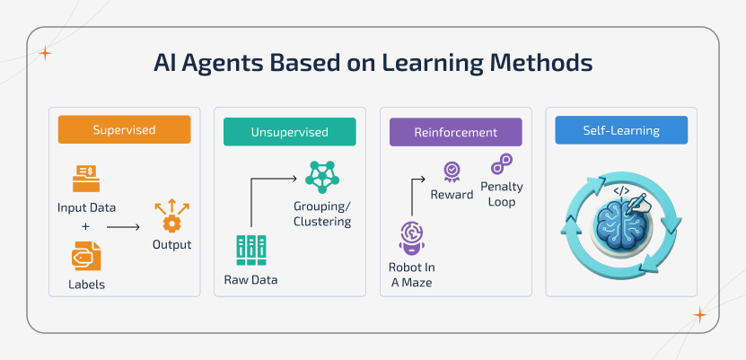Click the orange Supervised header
pos(124,129)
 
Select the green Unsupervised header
pos(289,132)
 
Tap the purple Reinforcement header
pos(455,132)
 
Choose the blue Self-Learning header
pos(620,130)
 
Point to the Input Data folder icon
pos(87,174)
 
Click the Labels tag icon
pos(87,258)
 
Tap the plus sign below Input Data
pos(86,226)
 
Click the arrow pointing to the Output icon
pos(123,227)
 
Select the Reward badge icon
pos(452,171)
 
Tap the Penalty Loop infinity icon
pos(501,165)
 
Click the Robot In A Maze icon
pos(411,238)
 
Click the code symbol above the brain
pos(620,191)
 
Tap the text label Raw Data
pos(250,280)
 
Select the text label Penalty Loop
pos(502,195)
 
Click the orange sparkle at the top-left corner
pos(46,53)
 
